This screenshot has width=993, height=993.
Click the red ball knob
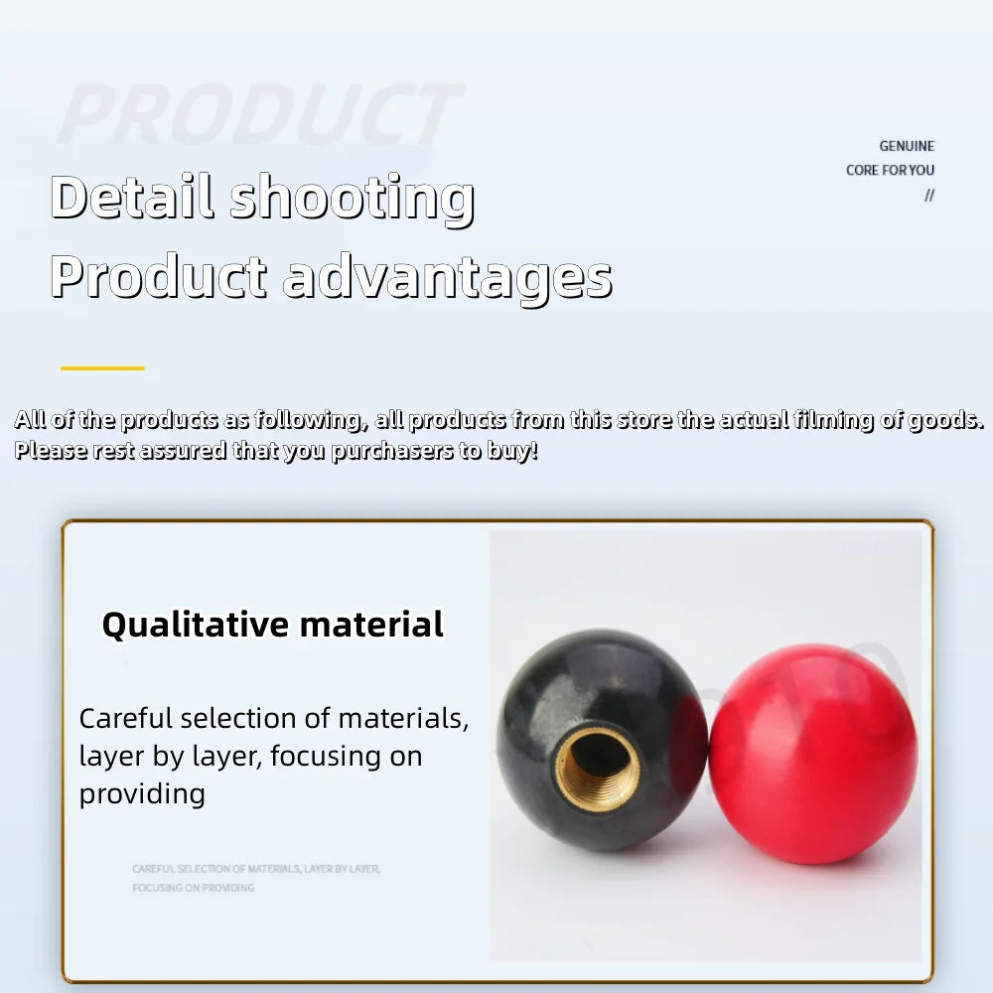814,740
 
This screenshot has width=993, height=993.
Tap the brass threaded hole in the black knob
597,768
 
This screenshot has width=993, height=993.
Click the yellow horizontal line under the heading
102,368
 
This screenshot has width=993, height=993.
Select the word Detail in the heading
131,196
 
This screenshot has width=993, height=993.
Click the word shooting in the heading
352,198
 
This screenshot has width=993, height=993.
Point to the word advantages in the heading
447,277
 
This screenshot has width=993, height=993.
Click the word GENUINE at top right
907,146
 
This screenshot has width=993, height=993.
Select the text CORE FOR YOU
890,170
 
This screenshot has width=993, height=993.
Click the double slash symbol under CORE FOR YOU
929,195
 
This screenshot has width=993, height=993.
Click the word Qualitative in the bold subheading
195,625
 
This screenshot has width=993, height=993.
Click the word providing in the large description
142,793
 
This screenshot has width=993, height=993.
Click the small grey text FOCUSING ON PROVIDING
193,887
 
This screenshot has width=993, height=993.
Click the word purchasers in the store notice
392,451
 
